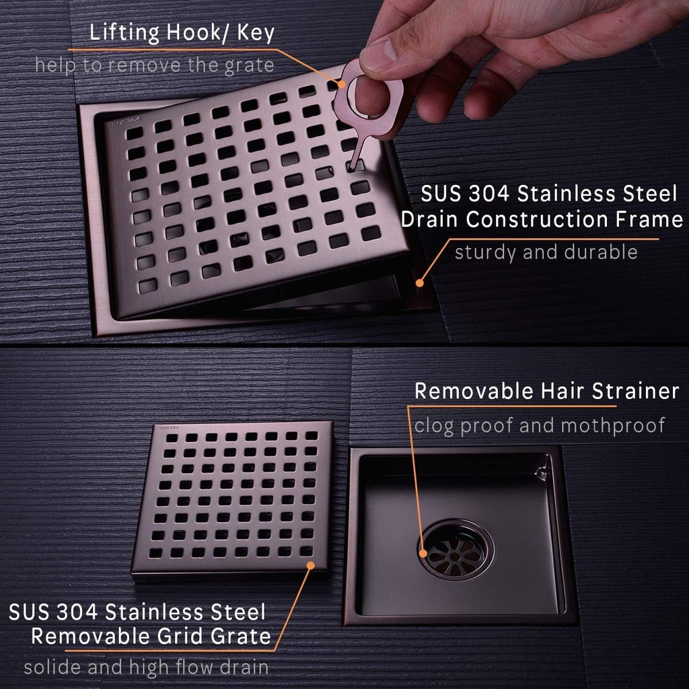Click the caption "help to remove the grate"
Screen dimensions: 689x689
coord(155,65)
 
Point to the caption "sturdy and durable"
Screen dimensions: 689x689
coord(546,253)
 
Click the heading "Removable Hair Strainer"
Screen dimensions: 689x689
coord(546,392)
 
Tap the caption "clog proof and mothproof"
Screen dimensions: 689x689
coord(540,425)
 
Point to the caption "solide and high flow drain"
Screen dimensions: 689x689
coord(147,667)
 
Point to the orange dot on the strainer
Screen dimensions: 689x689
coord(424,554)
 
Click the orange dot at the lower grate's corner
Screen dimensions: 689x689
coord(311,565)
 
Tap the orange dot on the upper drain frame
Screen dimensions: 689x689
coord(419,283)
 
